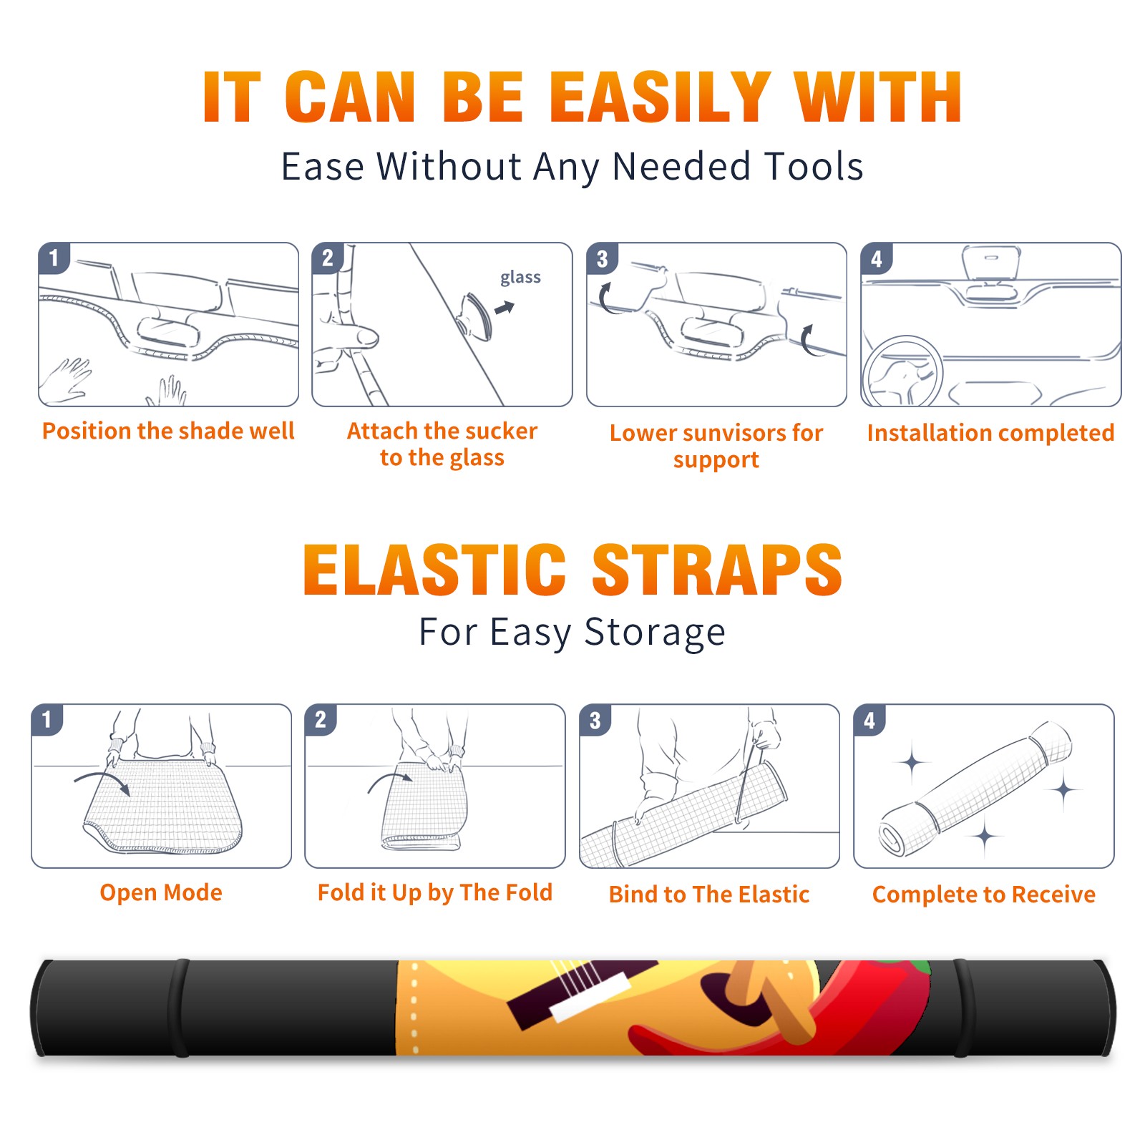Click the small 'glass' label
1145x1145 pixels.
click(x=520, y=278)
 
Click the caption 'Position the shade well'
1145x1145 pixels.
click(x=168, y=431)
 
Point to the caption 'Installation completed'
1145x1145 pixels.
click(x=990, y=433)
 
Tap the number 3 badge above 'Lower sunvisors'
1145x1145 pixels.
click(x=602, y=258)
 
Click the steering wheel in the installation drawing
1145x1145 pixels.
click(x=902, y=371)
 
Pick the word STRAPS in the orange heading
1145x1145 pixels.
click(x=717, y=570)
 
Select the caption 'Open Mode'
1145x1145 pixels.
click(x=161, y=892)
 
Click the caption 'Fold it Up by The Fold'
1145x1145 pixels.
click(x=435, y=892)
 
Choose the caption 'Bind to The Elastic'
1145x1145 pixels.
click(x=709, y=895)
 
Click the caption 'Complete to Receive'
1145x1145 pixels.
click(x=984, y=895)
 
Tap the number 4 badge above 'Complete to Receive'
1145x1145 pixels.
click(x=869, y=720)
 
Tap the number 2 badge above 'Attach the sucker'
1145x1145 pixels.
click(x=328, y=258)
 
